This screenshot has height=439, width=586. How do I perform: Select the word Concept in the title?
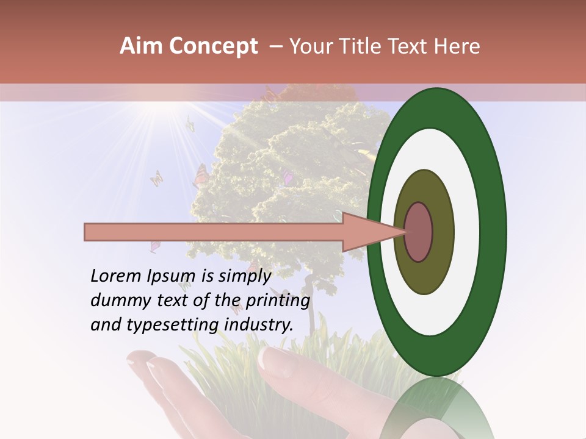pyautogui.click(x=213, y=47)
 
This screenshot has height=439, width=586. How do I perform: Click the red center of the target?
pyautogui.click(x=419, y=232)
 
